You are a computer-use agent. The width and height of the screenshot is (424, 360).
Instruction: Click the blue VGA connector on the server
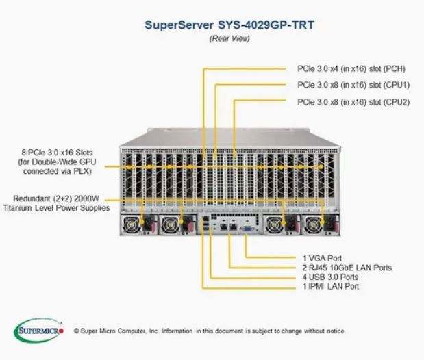pos(247,229)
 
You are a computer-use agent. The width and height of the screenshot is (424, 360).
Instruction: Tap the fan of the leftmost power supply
pos(131,224)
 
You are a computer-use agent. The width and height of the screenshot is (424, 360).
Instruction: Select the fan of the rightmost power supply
pos(312,224)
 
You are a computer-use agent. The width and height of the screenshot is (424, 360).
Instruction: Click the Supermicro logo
pos(39,331)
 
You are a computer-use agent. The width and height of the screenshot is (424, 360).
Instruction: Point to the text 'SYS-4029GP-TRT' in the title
pos(266,25)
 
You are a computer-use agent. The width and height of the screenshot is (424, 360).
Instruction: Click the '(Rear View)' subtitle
pos(229,38)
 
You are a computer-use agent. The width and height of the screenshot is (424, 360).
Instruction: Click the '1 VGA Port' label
pos(323,258)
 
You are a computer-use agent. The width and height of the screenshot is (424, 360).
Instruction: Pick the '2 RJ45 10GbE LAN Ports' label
pos(347,268)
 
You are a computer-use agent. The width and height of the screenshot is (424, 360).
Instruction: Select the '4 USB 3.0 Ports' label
pos(330,277)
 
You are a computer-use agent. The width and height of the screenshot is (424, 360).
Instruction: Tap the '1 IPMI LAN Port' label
pos(331,286)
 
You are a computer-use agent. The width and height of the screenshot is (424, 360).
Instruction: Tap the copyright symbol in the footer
pos(77,331)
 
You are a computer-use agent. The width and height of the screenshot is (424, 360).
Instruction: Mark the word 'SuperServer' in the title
pos(179,25)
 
